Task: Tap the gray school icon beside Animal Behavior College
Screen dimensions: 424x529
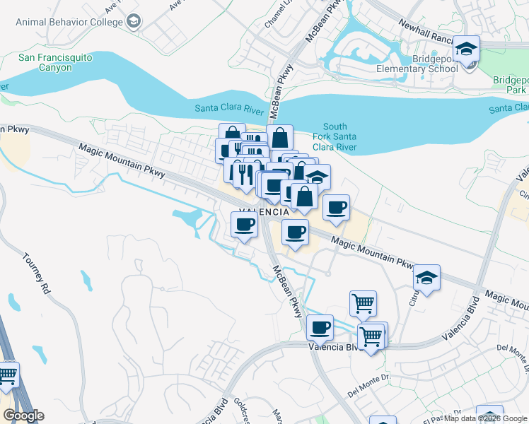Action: click(133, 21)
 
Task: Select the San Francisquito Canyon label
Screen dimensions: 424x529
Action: click(45, 62)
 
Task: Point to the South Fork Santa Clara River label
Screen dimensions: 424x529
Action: click(335, 137)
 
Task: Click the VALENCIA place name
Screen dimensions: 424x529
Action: click(264, 212)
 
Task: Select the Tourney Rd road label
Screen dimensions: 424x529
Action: click(37, 273)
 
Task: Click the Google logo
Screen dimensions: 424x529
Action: click(23, 416)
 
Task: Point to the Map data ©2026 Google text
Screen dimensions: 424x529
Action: click(485, 418)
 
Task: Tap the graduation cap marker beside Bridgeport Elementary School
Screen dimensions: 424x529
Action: click(466, 49)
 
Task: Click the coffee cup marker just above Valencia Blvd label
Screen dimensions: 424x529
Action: click(320, 327)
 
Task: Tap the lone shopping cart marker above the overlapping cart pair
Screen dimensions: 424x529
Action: click(363, 304)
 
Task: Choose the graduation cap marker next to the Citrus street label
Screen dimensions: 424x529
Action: click(427, 278)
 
